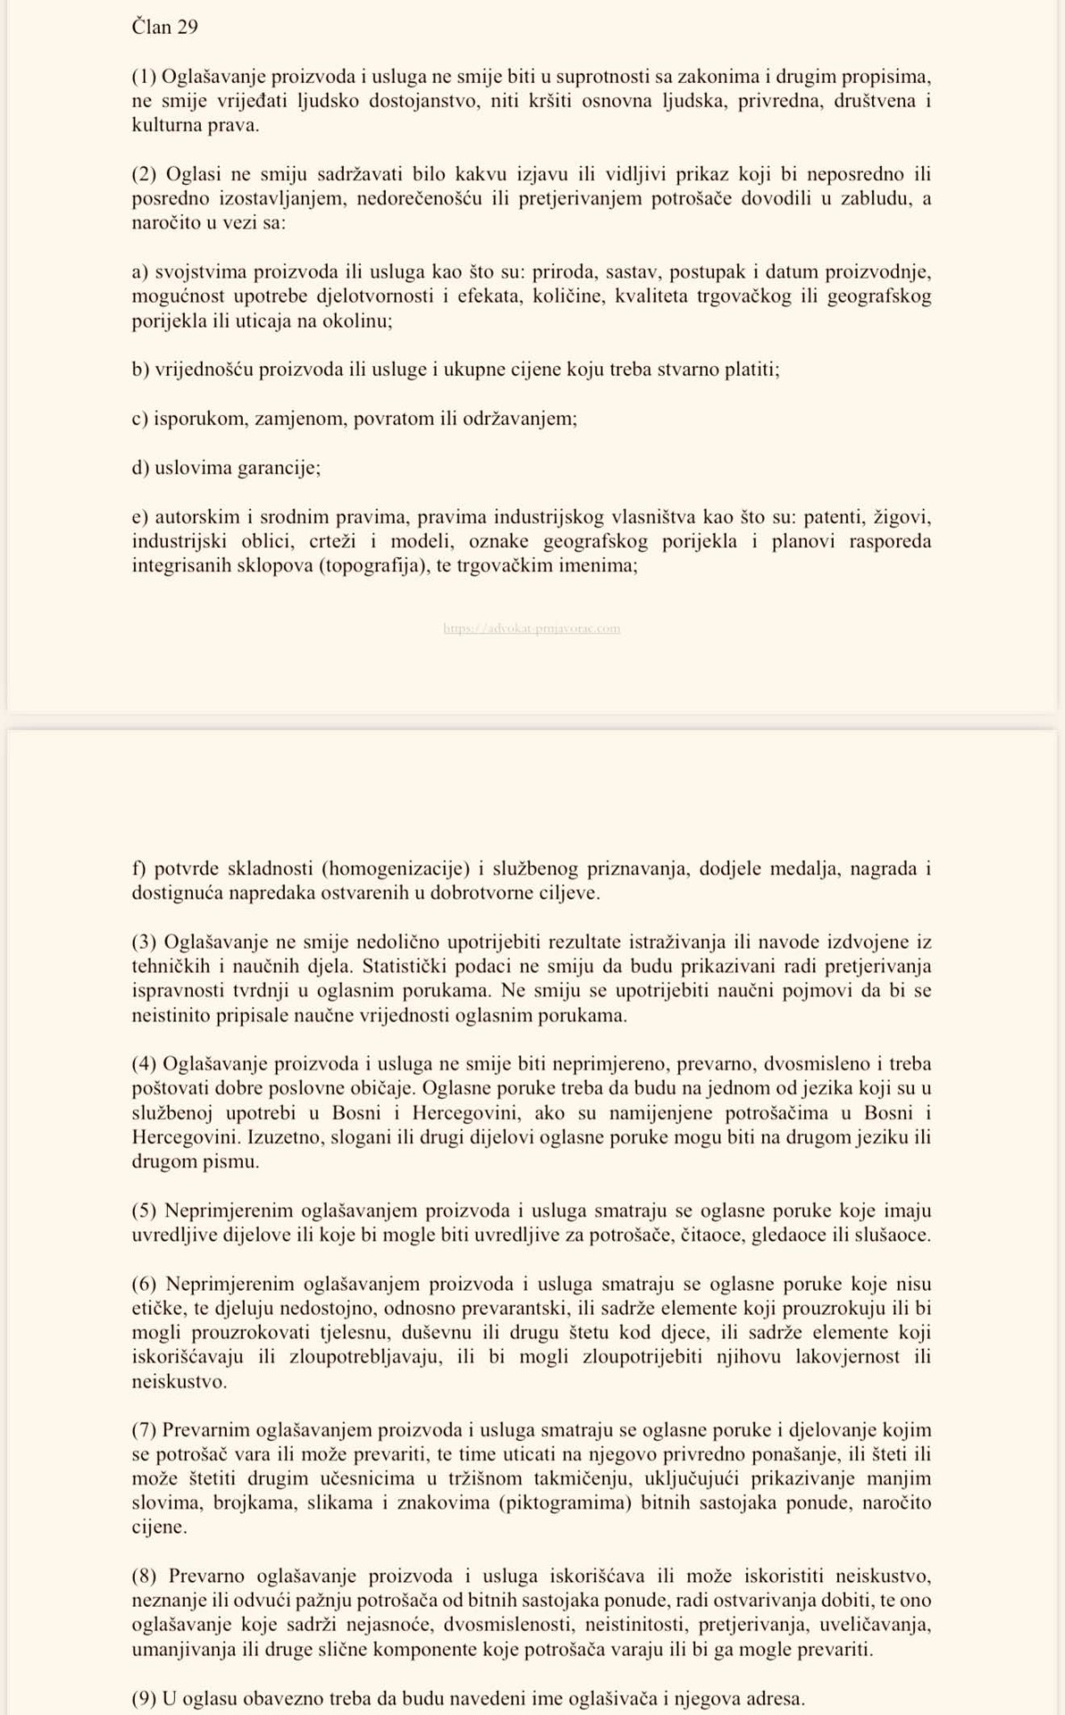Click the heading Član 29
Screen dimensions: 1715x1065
[x=165, y=27]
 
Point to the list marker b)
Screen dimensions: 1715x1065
[x=141, y=370]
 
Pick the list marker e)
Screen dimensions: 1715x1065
[x=140, y=517]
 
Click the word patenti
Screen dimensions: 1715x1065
[x=834, y=517]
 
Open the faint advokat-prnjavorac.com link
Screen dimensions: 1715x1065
[x=531, y=628]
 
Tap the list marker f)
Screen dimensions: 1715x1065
[x=139, y=868]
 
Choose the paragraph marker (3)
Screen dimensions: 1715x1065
[x=145, y=941]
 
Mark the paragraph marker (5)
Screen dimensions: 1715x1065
[x=145, y=1211]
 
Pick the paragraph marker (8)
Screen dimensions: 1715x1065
[x=146, y=1576]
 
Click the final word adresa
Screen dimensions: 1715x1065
[x=776, y=1698]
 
